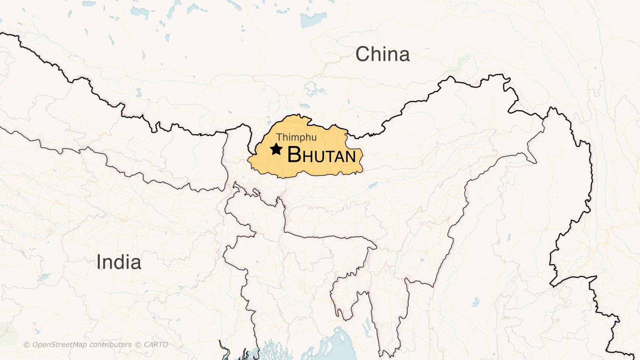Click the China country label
click(382, 54)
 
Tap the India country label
click(119, 262)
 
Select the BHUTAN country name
click(322, 155)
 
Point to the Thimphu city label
click(296, 138)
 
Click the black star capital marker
click(276, 149)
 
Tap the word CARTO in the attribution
click(156, 345)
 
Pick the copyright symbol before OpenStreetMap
click(27, 345)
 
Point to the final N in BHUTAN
click(350, 156)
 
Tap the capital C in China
click(363, 54)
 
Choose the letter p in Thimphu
click(303, 139)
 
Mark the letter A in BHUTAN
click(339, 156)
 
